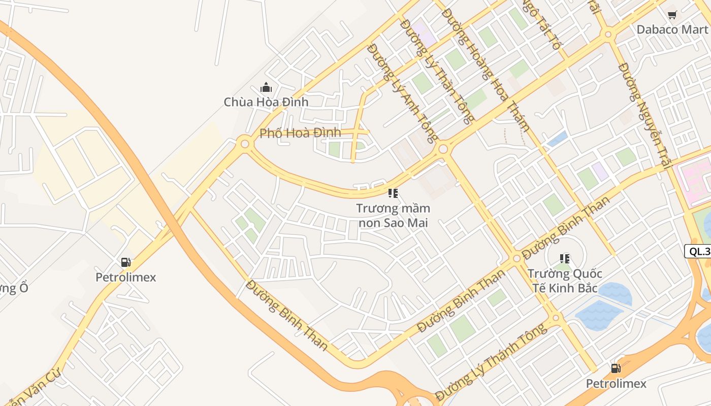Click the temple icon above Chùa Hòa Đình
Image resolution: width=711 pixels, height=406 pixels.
(266, 88)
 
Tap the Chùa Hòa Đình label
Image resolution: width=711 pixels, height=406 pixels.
(266, 102)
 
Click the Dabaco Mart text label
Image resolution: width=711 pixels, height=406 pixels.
(672, 29)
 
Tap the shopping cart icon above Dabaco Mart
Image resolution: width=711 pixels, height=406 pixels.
(672, 15)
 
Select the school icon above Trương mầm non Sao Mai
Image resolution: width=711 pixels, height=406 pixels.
(393, 193)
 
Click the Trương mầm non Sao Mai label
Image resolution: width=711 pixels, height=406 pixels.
(393, 216)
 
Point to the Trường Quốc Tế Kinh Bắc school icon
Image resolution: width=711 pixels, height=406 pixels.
(564, 259)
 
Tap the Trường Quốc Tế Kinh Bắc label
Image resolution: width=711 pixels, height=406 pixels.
(565, 281)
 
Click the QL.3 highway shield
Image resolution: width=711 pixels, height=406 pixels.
(699, 251)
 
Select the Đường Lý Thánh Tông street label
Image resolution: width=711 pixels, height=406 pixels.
(491, 362)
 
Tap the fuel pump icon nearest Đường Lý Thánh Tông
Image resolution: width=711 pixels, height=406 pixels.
(616, 368)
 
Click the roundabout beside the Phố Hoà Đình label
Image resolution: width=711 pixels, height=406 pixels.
(245, 144)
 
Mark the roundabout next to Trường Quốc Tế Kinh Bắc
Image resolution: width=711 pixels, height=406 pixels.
(517, 258)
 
